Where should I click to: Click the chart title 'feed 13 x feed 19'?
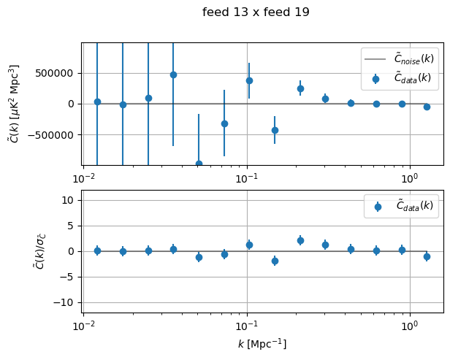pyautogui.click(x=256, y=12)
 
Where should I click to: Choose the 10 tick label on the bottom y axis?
pyautogui.click(x=69, y=200)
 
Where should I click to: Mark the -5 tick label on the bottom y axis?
pyautogui.click(x=69, y=277)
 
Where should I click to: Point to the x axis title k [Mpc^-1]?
pyautogui.click(x=262, y=343)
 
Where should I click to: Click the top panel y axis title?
pyautogui.click(x=15, y=104)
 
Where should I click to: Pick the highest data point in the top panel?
pyautogui.click(x=173, y=74)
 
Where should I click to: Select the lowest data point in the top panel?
pyautogui.click(x=199, y=164)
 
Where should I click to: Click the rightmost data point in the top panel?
pyautogui.click(x=427, y=107)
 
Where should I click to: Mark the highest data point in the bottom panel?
pyautogui.click(x=300, y=240)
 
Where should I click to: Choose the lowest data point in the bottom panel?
pyautogui.click(x=275, y=261)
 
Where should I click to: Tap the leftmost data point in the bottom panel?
pyautogui.click(x=97, y=250)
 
